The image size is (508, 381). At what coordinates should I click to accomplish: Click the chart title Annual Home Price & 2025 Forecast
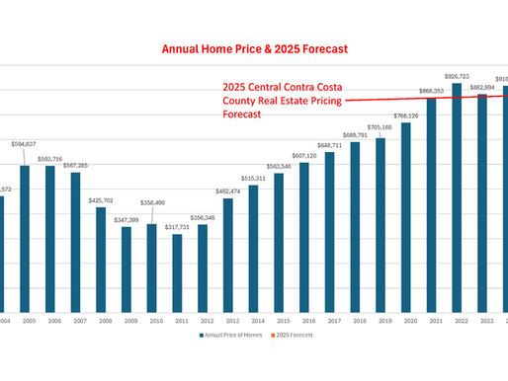(x=255, y=46)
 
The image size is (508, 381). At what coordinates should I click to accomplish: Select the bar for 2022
(x=457, y=197)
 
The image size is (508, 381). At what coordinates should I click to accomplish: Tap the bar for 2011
(x=177, y=272)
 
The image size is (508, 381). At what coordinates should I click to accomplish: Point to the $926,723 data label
(x=457, y=76)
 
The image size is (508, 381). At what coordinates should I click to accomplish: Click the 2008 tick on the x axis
(x=100, y=320)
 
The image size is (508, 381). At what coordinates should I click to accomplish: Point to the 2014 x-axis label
(x=253, y=320)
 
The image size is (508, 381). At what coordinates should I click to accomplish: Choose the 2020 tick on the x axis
(x=406, y=320)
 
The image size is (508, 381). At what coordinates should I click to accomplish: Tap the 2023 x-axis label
(x=482, y=320)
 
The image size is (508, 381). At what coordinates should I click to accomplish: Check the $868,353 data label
(x=431, y=91)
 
